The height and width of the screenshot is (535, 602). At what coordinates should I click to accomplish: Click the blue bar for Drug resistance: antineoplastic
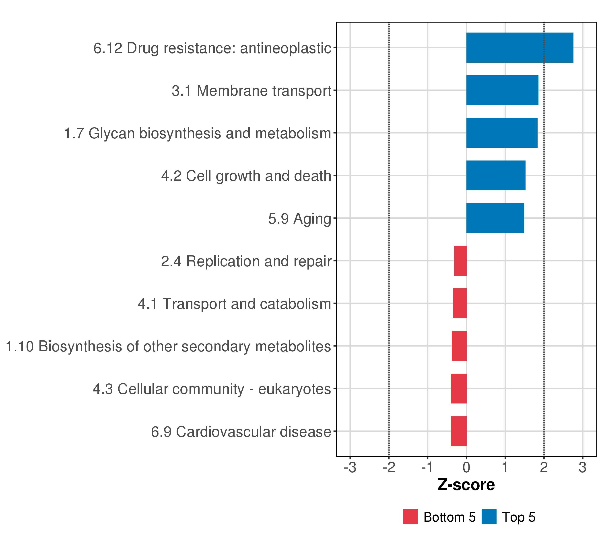520,48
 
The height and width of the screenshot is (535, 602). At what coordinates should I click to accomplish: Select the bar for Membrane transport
502,90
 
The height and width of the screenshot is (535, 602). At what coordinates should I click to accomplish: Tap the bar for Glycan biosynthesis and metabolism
502,133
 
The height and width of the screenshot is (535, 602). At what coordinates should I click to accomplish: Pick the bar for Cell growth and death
496,175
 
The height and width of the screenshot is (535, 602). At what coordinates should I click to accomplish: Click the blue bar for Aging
495,218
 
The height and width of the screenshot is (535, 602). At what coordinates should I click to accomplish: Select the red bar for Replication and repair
460,261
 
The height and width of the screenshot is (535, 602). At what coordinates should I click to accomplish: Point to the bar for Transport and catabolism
460,303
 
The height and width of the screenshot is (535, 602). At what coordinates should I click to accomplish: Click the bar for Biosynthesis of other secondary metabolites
459,346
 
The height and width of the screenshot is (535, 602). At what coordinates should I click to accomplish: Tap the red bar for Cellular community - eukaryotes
459,389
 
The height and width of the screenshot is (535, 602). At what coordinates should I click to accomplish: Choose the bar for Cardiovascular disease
459,431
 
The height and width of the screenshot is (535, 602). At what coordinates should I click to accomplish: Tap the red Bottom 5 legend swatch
410,517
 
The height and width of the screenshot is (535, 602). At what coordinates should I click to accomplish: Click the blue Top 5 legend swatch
489,517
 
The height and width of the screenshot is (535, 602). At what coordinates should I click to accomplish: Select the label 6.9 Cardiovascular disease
241,432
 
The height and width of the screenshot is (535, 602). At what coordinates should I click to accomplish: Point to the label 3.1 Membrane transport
252,91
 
